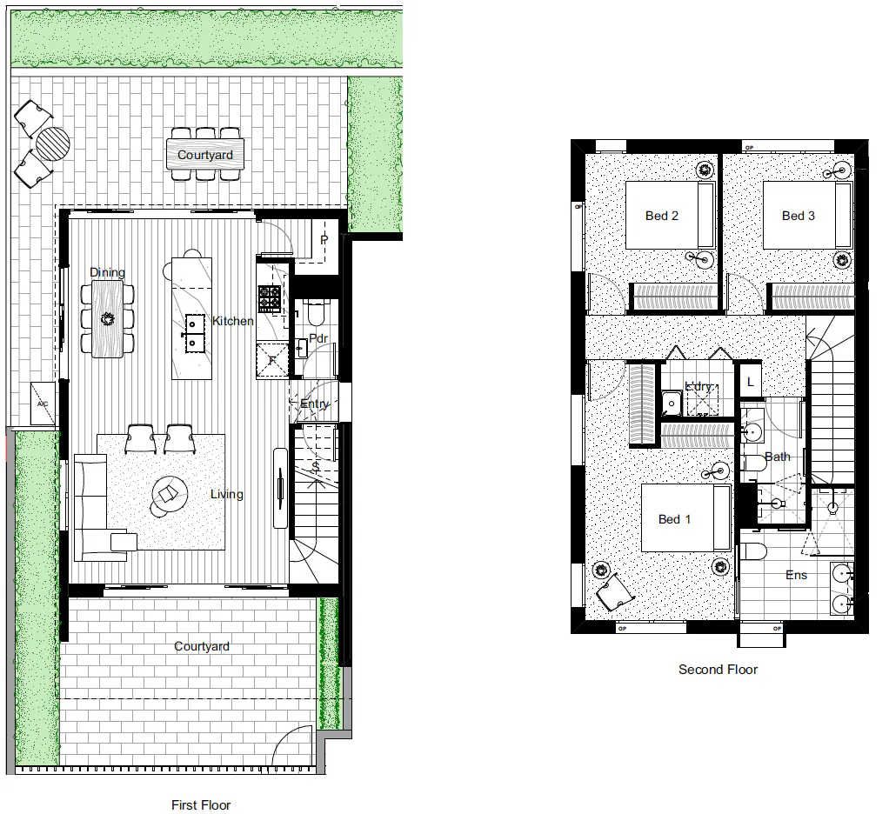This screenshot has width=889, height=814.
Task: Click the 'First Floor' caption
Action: click(x=202, y=805)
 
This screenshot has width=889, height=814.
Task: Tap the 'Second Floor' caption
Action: click(x=718, y=670)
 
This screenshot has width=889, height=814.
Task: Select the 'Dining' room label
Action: click(x=108, y=272)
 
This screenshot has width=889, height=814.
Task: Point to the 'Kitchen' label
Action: click(x=233, y=322)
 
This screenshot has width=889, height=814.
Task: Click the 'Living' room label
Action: click(x=226, y=494)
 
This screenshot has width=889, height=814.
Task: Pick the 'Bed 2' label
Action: click(x=661, y=216)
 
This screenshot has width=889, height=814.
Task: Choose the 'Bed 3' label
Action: click(x=798, y=216)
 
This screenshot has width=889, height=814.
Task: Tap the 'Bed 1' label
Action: click(x=674, y=519)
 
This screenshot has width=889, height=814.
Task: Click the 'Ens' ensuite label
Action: click(x=796, y=575)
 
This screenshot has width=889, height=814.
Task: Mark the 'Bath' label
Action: click(x=778, y=457)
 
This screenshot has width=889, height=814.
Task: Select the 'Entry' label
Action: click(x=315, y=404)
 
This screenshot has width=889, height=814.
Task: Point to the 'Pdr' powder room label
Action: click(x=317, y=339)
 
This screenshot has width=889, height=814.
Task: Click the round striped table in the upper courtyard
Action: click(x=53, y=144)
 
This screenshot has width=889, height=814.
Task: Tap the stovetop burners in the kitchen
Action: click(x=269, y=298)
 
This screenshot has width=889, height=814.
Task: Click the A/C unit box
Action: click(x=42, y=404)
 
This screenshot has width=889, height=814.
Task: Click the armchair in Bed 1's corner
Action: click(x=615, y=594)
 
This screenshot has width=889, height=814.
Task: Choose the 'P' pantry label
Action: click(x=324, y=240)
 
